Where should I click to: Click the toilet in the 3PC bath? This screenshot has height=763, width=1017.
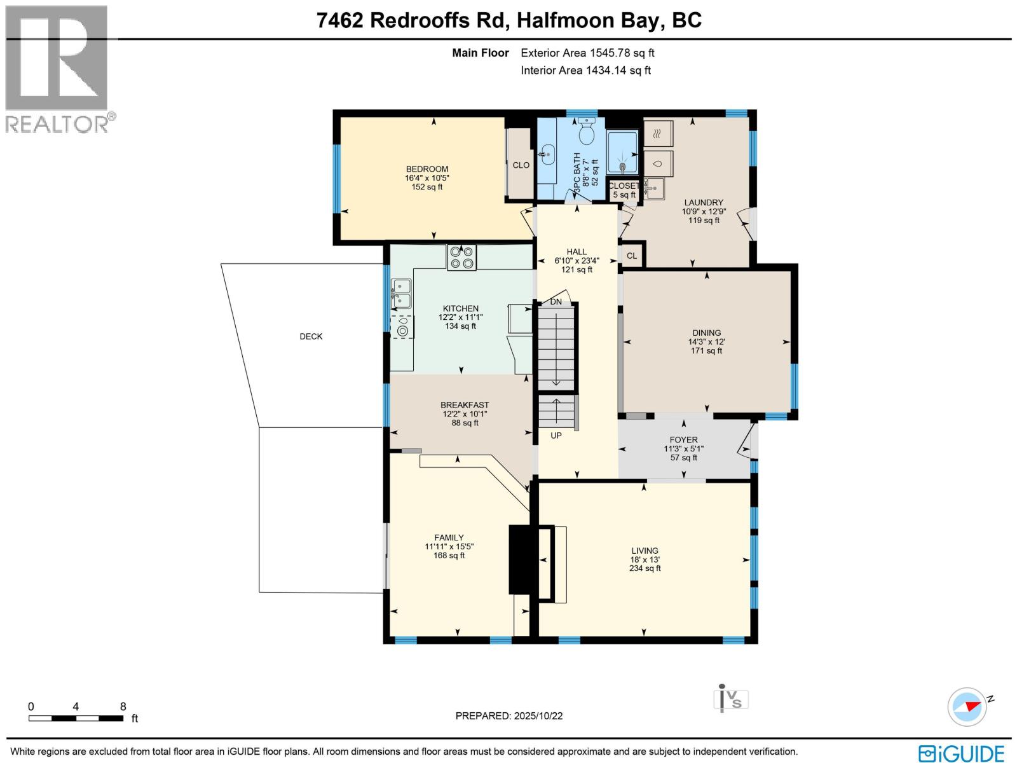pos(587,133)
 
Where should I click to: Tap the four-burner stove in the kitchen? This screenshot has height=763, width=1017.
pos(461,258)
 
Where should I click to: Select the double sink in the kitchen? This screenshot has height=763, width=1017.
pos(401,293)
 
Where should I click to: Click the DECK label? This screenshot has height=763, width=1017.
pos(311,336)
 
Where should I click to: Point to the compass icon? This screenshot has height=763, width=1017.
pos(967,706)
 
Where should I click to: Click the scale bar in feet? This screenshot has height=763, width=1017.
pos(76,718)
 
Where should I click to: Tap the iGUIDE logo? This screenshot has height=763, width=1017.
pos(961,753)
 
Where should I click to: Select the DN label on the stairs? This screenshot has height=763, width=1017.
pos(556,301)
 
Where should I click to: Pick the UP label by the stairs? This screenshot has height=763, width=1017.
pos(556,436)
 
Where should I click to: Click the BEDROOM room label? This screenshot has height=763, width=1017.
pos(427,169)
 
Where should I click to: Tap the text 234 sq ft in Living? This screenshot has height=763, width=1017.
pos(645,568)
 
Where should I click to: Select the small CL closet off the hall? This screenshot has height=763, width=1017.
pos(632,256)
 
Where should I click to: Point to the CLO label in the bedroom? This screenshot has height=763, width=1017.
pos(521,165)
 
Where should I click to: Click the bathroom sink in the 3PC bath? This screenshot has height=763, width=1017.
pos(547,154)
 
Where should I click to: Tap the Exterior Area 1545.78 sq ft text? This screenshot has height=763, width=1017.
pos(587,53)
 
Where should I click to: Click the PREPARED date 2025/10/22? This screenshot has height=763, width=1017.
pos(509,716)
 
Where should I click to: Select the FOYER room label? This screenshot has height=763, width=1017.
pos(683,439)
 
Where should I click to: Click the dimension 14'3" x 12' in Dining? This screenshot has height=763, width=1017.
pos(706,341)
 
